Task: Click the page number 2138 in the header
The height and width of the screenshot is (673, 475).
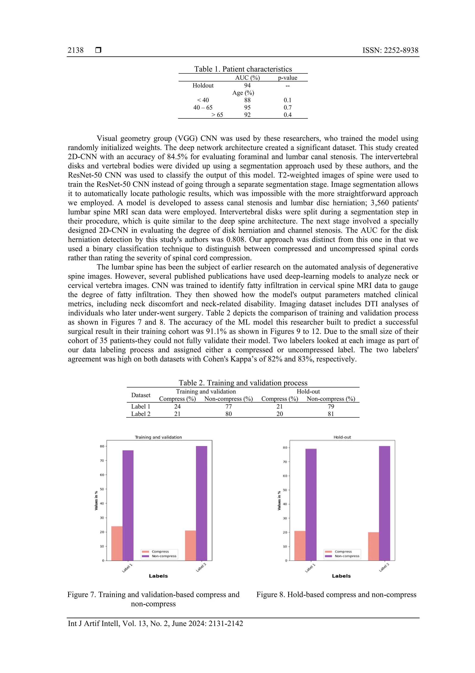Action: (x=76, y=50)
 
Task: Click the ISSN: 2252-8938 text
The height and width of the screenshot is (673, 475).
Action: (x=390, y=50)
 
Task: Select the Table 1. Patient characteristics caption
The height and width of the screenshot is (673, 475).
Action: (x=243, y=69)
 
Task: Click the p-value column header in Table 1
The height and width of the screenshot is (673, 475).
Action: (x=287, y=78)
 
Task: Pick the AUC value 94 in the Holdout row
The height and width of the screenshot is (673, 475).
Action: (x=247, y=85)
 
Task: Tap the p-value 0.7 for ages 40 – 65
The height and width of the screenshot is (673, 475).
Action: (x=287, y=108)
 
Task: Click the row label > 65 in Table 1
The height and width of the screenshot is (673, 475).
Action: (x=217, y=115)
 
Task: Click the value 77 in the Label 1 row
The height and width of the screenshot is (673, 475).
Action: (x=229, y=407)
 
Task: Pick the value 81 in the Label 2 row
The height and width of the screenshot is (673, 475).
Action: (x=331, y=414)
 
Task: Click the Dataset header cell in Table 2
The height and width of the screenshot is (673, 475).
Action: (x=141, y=395)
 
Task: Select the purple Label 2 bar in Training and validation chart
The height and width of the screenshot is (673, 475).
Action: (x=201, y=504)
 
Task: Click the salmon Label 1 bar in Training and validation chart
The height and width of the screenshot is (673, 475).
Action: (x=117, y=544)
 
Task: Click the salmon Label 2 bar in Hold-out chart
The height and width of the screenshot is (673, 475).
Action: (x=373, y=547)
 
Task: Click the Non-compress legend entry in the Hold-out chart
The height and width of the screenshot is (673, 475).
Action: (x=347, y=556)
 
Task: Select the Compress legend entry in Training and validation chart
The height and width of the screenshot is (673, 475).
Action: (x=160, y=552)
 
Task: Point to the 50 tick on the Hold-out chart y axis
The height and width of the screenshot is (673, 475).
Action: (x=285, y=490)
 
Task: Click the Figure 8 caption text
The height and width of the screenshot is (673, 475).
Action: (x=336, y=594)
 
